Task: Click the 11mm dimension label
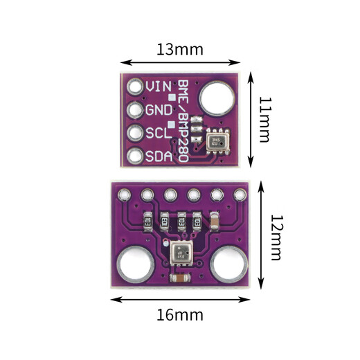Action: point(264,119)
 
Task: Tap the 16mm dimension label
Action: point(180,315)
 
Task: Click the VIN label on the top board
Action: point(158,87)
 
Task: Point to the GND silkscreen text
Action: point(158,110)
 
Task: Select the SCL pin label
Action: point(158,133)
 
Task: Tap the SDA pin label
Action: point(158,156)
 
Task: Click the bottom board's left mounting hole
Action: point(132,266)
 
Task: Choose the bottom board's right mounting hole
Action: point(228,266)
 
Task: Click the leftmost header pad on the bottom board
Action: point(124,196)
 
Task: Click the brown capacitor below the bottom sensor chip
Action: point(179,278)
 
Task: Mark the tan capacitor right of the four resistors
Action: point(215,223)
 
